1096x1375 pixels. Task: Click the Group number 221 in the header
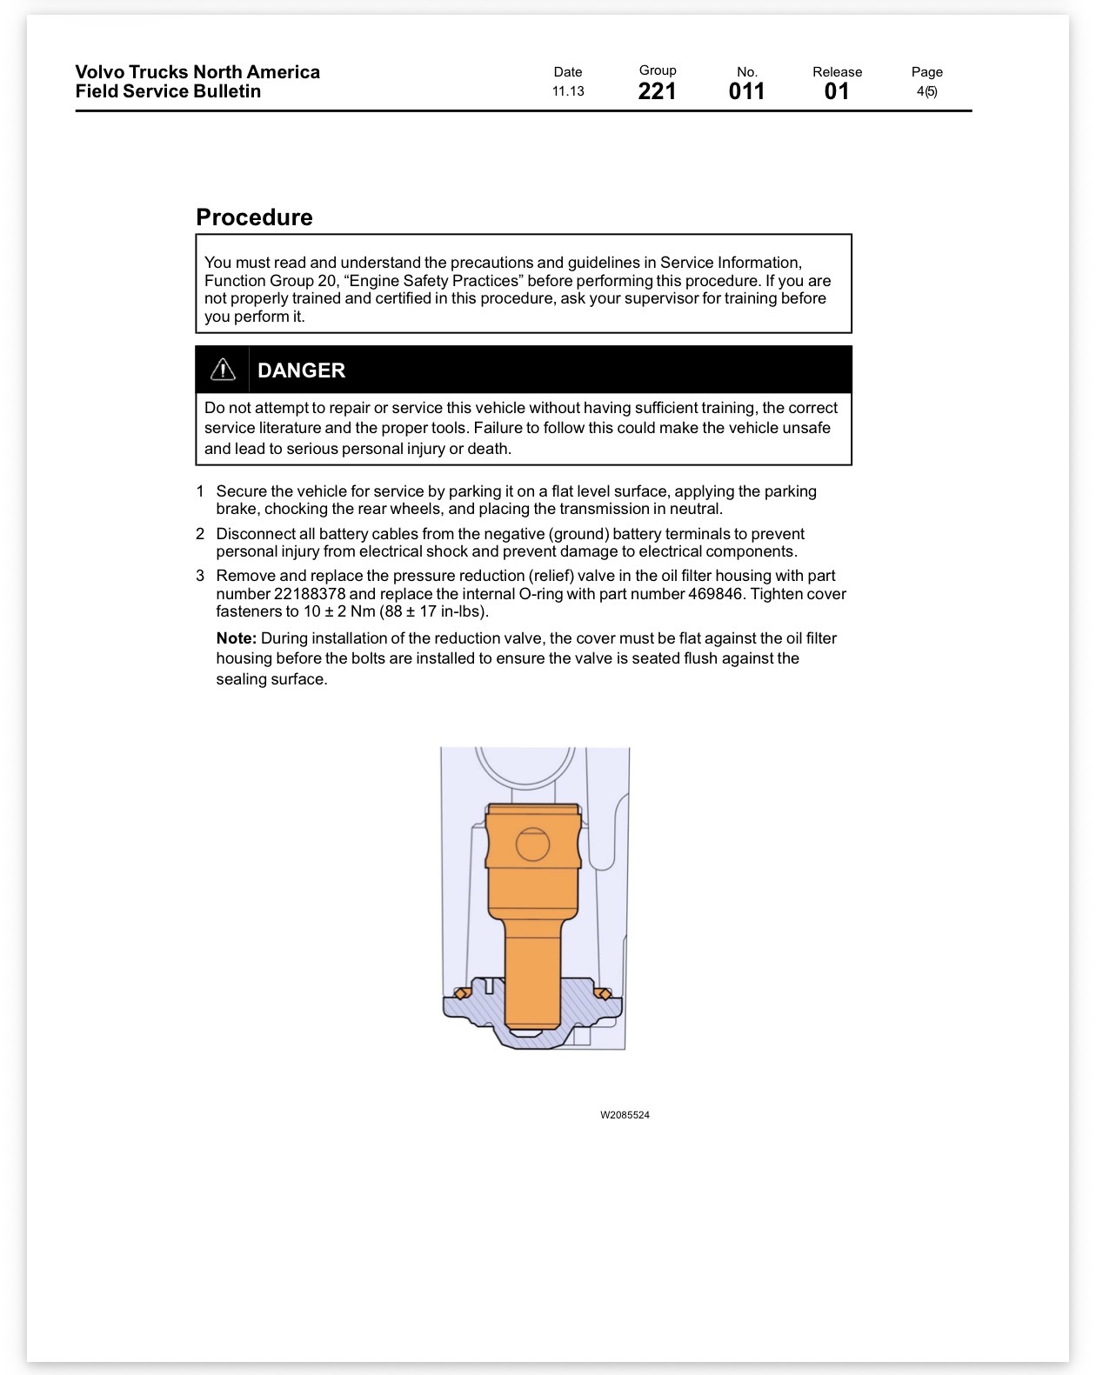[x=657, y=91]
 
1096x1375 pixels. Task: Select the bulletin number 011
[x=746, y=91]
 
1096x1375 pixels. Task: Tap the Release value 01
[x=837, y=91]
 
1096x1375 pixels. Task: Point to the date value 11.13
[x=567, y=91]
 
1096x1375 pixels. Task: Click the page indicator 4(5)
[x=926, y=91]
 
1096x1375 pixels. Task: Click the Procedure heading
[x=254, y=217]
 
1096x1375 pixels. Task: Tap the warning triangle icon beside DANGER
[x=223, y=370]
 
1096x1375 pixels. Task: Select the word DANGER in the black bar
[x=301, y=370]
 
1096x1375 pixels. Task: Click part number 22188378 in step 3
[x=310, y=594]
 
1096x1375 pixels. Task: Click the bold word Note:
[x=237, y=637]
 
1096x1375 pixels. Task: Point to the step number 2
[x=200, y=533]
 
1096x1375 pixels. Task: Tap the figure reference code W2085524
[x=625, y=1115]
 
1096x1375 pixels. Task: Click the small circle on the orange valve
[x=532, y=844]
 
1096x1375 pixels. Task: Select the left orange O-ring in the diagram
[x=462, y=993]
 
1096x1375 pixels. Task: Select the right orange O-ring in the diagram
[x=603, y=993]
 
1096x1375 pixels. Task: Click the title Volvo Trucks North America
[x=197, y=71]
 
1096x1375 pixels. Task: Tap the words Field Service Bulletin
[x=168, y=91]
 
